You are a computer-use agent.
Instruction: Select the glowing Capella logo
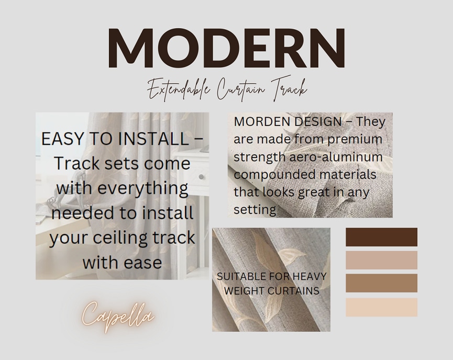coord(118,317)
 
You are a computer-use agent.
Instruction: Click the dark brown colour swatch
coord(381,237)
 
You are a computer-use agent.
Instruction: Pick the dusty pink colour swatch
coord(381,260)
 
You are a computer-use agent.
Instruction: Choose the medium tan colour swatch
coord(381,283)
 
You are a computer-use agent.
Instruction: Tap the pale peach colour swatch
coord(381,307)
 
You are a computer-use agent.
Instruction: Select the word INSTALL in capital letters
coord(153,139)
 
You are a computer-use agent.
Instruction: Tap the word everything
coord(143,188)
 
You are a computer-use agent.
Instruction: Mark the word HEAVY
coord(309,276)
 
